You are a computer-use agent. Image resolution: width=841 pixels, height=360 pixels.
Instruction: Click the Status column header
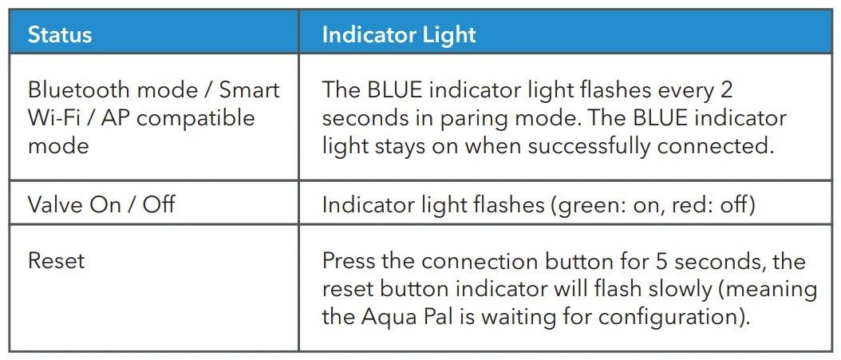coord(60,35)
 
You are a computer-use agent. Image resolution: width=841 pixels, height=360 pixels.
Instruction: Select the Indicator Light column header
coord(398,35)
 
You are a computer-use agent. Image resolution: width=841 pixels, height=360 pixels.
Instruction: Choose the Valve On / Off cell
coord(101,204)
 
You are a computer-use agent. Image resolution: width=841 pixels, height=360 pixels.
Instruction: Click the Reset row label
coord(56,261)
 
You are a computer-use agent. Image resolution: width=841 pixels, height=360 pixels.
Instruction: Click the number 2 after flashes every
coord(726,89)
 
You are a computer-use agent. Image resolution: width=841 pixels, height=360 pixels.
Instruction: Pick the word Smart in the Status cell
coord(249,89)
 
